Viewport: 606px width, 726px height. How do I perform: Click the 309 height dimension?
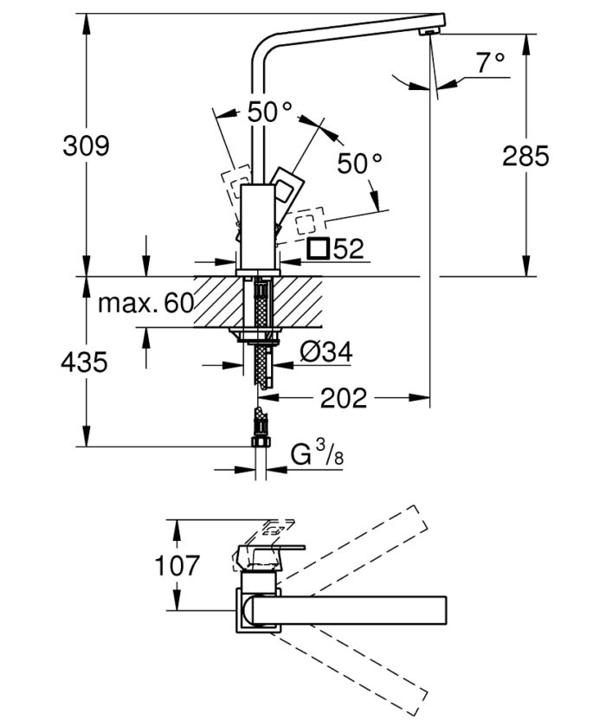click(86, 145)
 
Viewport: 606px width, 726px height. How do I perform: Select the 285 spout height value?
click(525, 156)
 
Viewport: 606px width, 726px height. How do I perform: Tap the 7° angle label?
click(490, 62)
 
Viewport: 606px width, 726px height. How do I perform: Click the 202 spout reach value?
click(344, 398)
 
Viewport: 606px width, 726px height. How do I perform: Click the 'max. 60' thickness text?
click(144, 304)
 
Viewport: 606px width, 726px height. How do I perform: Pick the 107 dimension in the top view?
click(177, 566)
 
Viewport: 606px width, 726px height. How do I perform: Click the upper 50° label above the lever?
click(269, 112)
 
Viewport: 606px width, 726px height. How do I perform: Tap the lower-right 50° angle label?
click(359, 163)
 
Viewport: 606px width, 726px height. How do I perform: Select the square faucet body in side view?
click(256, 225)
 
